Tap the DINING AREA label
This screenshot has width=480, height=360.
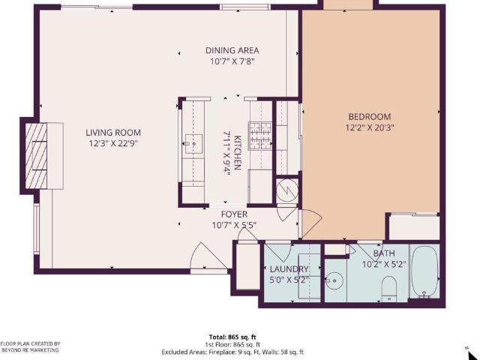[x=232, y=51]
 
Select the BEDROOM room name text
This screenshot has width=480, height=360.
[x=370, y=117]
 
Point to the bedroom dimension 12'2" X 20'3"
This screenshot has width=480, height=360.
[x=370, y=127]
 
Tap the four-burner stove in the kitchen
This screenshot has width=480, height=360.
[x=259, y=136]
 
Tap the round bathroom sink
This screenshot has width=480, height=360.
[x=334, y=281]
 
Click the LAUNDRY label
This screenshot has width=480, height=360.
[x=289, y=269]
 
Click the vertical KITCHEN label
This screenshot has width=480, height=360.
[x=237, y=153]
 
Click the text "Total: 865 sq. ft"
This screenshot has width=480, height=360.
[x=232, y=337]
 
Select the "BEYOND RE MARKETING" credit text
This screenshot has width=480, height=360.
[x=29, y=350]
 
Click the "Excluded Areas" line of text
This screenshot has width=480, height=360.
[x=232, y=351]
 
